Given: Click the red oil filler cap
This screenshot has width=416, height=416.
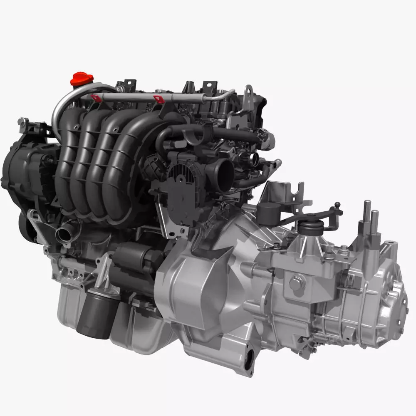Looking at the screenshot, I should (82, 78).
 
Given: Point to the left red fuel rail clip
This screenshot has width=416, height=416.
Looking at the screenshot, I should (95, 98).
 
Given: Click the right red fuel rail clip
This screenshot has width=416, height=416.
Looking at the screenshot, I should (158, 99).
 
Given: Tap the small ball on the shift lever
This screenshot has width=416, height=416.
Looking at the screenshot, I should (337, 205).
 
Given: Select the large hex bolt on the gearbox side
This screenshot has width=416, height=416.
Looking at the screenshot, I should (297, 283).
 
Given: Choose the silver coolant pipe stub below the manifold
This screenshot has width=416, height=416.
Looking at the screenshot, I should (65, 233).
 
